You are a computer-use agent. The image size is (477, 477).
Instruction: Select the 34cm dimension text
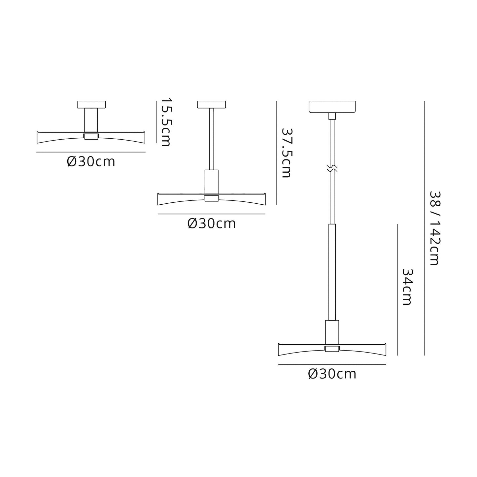[x=407, y=287]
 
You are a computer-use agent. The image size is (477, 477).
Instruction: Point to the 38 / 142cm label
[x=434, y=228]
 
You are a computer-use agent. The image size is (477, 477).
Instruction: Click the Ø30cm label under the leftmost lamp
[x=91, y=162]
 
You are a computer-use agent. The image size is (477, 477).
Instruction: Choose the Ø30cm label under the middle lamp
[x=212, y=224]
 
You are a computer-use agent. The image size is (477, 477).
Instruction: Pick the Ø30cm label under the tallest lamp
[x=332, y=374]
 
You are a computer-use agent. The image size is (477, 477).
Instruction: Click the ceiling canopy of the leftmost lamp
[x=91, y=105]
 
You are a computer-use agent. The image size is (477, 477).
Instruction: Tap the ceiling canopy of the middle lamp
[x=212, y=105]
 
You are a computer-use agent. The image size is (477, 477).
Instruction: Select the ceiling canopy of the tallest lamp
[x=332, y=107]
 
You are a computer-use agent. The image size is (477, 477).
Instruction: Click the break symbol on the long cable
[x=332, y=168]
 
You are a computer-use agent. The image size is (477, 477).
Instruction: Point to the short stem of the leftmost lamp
[x=91, y=120]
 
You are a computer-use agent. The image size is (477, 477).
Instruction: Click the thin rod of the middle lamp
[x=212, y=139]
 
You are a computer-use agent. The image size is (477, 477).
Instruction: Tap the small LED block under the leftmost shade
[x=91, y=137]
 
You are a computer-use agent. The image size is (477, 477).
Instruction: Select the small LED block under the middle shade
[x=212, y=198]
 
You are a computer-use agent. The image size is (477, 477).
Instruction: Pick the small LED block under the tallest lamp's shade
[x=332, y=349]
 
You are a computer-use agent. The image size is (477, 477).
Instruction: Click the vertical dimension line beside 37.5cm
[x=276, y=153]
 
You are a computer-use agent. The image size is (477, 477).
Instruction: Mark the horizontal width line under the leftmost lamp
[x=91, y=152]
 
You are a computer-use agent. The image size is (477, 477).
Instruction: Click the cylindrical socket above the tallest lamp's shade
[x=332, y=332]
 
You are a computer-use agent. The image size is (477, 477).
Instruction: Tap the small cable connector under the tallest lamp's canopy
[x=332, y=116]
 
